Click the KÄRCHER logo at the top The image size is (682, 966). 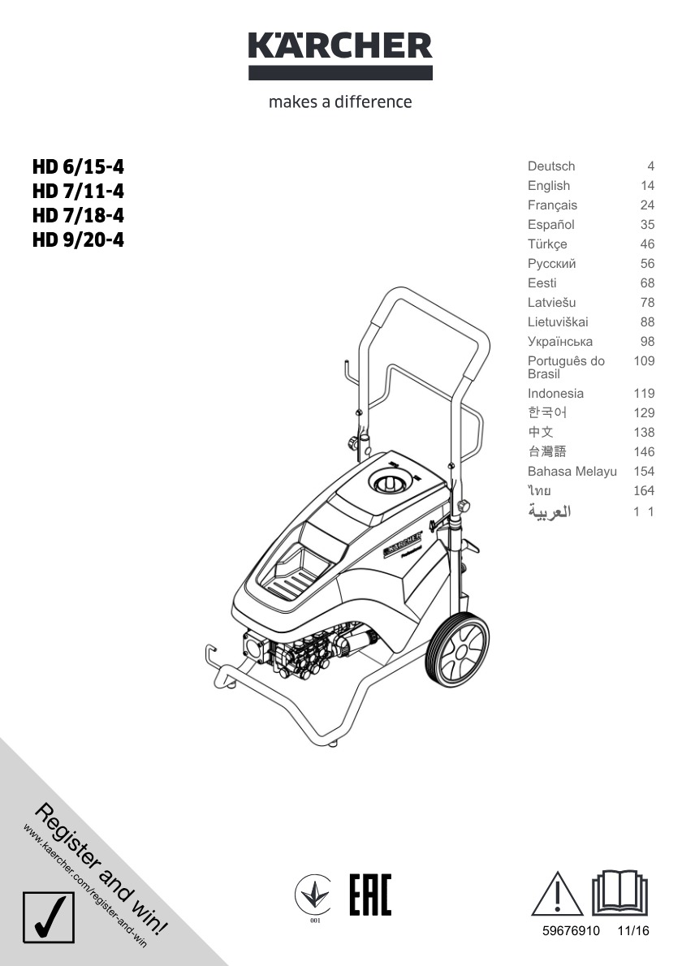tap(340, 55)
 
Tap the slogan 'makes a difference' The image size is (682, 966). tap(340, 101)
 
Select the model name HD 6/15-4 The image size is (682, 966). tap(78, 167)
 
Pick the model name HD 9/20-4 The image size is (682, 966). tap(78, 239)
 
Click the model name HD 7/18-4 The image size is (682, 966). tap(78, 216)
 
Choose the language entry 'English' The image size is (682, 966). tap(548, 185)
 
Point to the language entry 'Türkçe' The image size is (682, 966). tap(547, 244)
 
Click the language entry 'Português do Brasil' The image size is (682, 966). tap(566, 367)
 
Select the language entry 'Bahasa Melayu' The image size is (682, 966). tap(572, 472)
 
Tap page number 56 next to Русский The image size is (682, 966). tap(647, 264)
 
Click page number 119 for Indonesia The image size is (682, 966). tap(644, 394)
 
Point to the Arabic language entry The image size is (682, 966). tap(550, 511)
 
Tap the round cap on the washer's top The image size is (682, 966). tap(392, 481)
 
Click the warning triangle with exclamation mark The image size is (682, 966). tap(557, 894)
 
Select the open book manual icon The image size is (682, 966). tap(619, 893)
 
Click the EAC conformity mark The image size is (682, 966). tap(370, 895)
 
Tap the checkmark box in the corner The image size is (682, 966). tap(49, 916)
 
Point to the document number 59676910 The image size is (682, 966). tap(571, 931)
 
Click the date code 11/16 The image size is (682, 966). tap(633, 931)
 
